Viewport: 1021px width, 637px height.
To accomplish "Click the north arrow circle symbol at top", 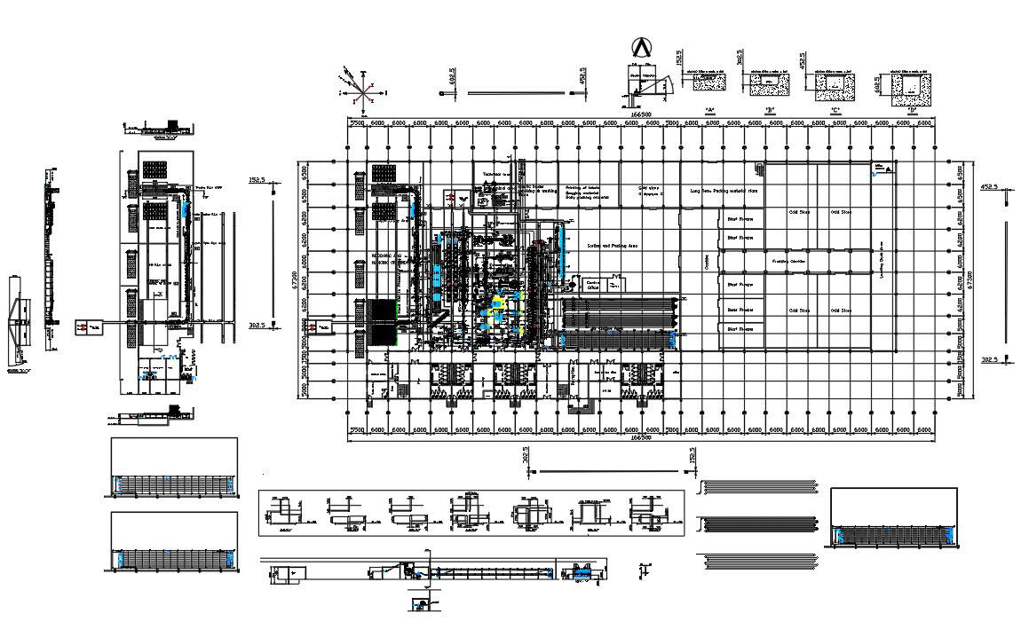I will (639, 47).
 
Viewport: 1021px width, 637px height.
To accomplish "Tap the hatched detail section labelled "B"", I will (769, 85).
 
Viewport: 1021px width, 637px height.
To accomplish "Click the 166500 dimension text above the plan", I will (641, 114).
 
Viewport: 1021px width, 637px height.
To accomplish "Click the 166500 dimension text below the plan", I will (639, 437).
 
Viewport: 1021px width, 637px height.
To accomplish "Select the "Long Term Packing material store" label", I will (724, 191).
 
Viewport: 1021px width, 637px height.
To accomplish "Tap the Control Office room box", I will (593, 285).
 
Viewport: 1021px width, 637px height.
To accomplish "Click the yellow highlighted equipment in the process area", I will (496, 304).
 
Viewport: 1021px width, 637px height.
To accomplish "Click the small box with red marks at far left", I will (86, 327).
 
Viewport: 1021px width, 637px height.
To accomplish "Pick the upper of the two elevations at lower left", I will (174, 469).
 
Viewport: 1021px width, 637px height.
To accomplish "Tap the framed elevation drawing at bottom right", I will (894, 519).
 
